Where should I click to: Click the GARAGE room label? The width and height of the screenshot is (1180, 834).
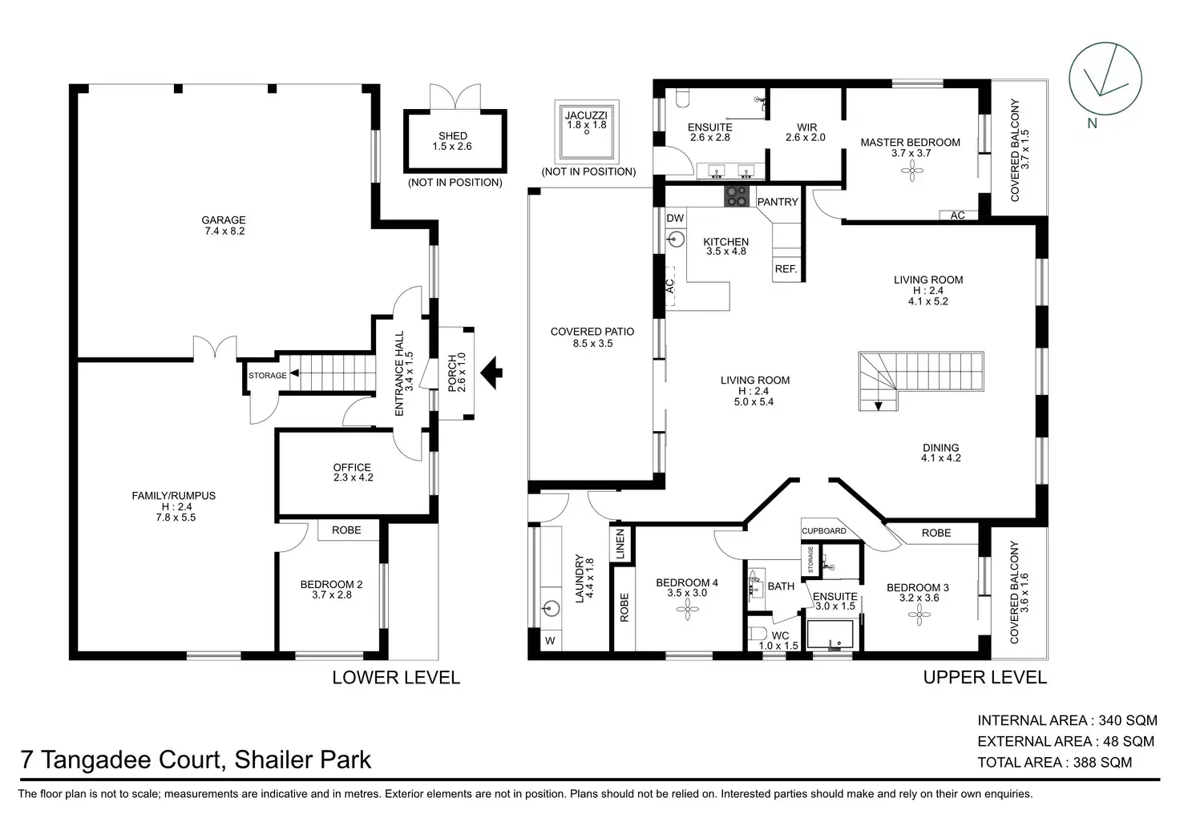click(224, 220)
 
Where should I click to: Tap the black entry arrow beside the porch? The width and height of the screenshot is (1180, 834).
click(491, 373)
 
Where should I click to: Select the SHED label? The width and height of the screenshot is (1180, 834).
click(452, 136)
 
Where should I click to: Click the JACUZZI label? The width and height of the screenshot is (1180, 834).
click(586, 115)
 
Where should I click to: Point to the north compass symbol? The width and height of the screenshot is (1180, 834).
click(1105, 79)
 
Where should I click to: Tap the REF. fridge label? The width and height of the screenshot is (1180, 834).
click(786, 269)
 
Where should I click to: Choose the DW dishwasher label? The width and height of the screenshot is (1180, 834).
click(675, 218)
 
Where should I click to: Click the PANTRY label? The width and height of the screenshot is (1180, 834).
click(778, 202)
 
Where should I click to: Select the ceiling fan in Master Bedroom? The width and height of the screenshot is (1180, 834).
click(912, 171)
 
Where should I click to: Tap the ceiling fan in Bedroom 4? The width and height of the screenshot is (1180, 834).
click(688, 610)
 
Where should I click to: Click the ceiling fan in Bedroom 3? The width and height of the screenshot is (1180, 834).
click(919, 614)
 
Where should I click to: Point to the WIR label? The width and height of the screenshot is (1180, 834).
click(806, 127)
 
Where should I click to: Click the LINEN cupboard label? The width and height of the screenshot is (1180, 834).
click(620, 544)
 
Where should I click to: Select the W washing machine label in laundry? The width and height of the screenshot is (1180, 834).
click(550, 641)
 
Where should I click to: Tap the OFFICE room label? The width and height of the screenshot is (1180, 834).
click(352, 468)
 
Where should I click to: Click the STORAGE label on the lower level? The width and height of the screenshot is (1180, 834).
click(268, 376)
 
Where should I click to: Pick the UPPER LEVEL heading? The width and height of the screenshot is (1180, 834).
click(984, 678)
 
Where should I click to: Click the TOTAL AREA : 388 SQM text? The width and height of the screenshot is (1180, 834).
click(1055, 763)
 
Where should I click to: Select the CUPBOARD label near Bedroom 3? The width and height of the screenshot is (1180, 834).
click(824, 530)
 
